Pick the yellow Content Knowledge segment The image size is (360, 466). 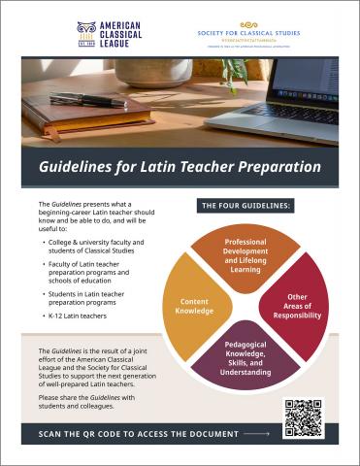[x=194, y=307]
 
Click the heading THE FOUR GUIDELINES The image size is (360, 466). [x=245, y=207]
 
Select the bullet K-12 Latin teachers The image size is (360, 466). [x=79, y=316]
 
